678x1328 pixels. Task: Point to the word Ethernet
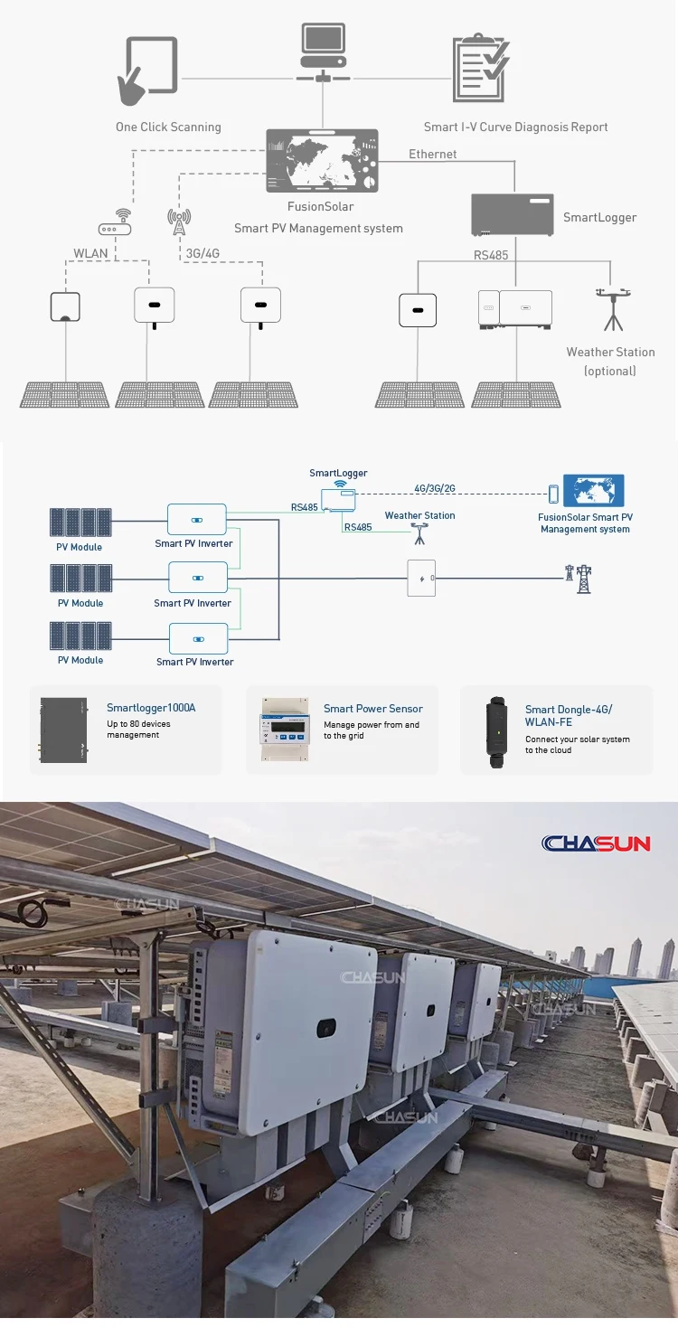click(x=432, y=155)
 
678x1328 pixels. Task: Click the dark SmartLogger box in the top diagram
click(x=513, y=215)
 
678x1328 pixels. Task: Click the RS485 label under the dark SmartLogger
click(x=491, y=256)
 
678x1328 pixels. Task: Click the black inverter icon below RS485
click(x=418, y=310)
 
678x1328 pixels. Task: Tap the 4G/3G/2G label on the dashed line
click(x=434, y=488)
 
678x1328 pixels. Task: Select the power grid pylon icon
click(x=579, y=579)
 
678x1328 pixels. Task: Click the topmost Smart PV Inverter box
click(x=196, y=520)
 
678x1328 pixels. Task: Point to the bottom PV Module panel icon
click(x=81, y=636)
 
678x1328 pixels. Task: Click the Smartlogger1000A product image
click(x=63, y=729)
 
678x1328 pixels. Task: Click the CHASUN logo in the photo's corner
click(x=596, y=843)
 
